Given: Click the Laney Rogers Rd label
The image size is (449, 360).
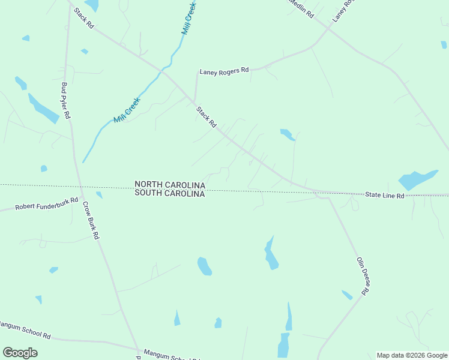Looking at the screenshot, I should [x=224, y=71].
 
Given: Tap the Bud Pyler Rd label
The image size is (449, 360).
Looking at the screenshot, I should [x=65, y=101].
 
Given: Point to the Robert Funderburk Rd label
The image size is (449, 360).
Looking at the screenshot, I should [x=47, y=203].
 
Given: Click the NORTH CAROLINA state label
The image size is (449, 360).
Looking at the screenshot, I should [x=170, y=185].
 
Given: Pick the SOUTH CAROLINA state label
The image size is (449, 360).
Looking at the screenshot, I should [x=170, y=194].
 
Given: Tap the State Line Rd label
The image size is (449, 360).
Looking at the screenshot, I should [x=385, y=196].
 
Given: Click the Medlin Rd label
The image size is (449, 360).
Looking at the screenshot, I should [x=300, y=7].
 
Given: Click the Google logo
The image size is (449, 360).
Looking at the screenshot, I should [x=20, y=353].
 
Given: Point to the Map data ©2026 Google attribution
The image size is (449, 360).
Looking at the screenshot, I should [x=412, y=355].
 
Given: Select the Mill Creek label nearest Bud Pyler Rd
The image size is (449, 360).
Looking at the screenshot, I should [x=127, y=110].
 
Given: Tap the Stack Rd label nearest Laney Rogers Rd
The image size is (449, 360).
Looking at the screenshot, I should [x=206, y=116].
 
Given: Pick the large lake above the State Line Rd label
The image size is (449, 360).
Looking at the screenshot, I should [x=417, y=180].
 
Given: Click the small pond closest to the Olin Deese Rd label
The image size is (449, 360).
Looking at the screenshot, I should [x=347, y=295].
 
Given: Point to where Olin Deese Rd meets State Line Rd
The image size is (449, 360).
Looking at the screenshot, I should [x=327, y=196].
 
